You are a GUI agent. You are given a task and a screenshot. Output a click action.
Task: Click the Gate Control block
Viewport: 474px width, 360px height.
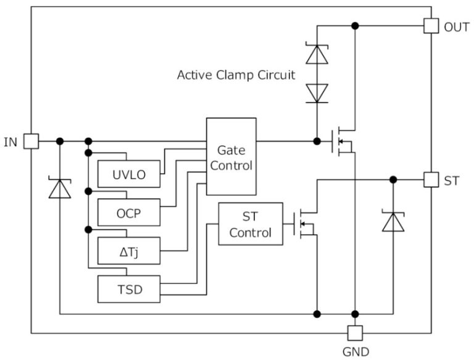click(231, 157)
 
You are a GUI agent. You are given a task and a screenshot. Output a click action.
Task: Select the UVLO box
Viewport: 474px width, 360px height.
click(129, 175)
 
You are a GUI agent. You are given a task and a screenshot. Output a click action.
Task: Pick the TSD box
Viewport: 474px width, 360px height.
click(129, 289)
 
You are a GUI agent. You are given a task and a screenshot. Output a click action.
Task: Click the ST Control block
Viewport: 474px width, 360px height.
click(250, 224)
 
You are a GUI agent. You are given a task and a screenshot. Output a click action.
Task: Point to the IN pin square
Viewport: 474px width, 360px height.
click(31, 141)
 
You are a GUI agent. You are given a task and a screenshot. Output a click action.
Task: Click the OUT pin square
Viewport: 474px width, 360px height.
click(431, 26)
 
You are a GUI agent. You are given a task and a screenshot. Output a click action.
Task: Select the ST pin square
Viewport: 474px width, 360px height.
click(431, 180)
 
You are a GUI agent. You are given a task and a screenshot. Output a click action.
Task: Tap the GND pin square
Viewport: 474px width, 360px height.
click(355, 333)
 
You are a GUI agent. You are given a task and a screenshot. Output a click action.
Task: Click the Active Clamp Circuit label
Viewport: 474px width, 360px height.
click(236, 75)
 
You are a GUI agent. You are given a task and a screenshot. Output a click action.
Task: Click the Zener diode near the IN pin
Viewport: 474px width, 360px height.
click(60, 188)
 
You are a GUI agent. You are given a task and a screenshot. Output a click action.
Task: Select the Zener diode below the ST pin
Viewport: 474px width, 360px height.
click(393, 221)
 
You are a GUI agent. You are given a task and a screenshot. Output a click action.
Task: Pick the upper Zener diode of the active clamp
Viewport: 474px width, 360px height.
click(317, 54)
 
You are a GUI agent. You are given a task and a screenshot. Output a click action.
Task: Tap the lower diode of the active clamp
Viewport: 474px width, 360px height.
click(317, 93)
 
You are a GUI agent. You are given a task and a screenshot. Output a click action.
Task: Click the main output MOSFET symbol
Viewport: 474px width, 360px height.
click(343, 141)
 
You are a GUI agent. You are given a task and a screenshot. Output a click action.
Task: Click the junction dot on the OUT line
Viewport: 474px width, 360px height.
click(355, 26)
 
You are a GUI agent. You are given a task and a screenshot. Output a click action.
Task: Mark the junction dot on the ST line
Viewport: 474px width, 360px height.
click(393, 180)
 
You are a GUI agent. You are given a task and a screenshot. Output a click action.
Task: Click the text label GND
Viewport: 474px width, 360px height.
click(355, 352)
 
